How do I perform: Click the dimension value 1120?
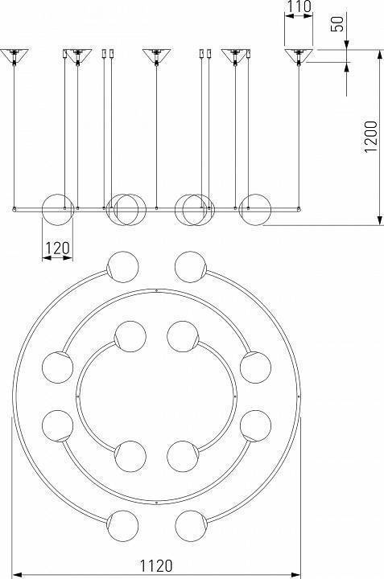[156, 565]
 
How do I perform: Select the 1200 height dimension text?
[370, 136]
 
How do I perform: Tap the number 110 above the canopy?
[299, 6]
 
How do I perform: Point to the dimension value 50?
[337, 23]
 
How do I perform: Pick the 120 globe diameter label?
[57, 248]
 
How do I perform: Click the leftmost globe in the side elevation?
[58, 209]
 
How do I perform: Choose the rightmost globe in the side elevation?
[255, 209]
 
